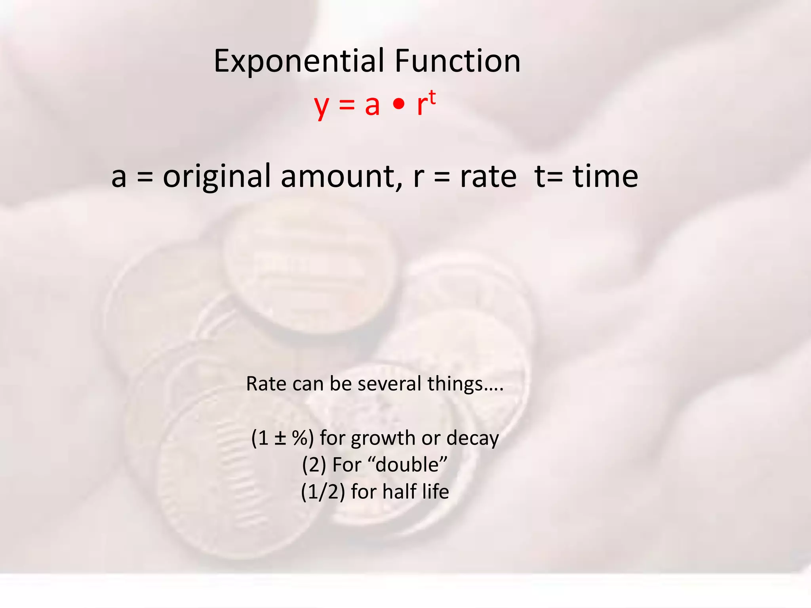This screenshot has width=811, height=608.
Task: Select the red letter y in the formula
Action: click(x=322, y=106)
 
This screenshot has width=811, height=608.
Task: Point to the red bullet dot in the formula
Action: click(x=399, y=104)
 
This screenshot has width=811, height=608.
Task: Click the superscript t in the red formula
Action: click(x=432, y=97)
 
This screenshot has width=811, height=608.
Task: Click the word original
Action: click(x=217, y=177)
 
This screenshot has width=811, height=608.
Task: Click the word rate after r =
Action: click(x=488, y=176)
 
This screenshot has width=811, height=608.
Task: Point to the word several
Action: click(x=389, y=384)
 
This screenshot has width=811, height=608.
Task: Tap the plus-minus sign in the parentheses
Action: click(x=280, y=438)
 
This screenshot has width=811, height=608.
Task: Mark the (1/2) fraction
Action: click(x=323, y=492)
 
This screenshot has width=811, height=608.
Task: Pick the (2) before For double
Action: click(x=314, y=465)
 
